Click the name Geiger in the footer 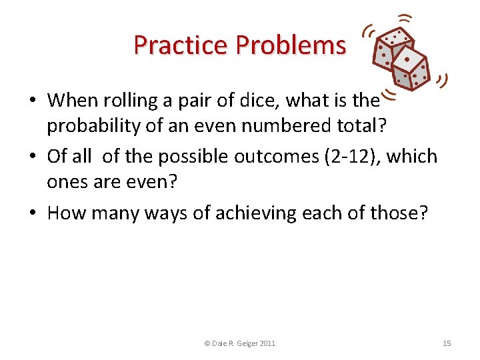[x=245, y=343]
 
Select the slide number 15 [x=447, y=343]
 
